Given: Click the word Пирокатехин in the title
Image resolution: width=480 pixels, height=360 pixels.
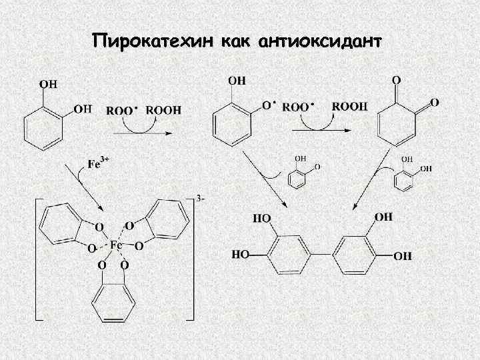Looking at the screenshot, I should (153, 42).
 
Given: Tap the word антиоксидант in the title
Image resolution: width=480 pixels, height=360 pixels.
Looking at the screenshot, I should (318, 42).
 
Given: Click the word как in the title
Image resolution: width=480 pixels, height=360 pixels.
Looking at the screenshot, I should (233, 42).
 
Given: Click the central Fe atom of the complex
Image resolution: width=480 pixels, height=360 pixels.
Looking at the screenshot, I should (115, 245).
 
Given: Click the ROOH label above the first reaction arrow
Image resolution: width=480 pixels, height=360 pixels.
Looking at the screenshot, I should (163, 110).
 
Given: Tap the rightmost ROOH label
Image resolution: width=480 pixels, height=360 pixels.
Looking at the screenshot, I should (349, 106).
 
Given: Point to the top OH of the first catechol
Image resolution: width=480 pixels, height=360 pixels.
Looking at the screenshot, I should (48, 84).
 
